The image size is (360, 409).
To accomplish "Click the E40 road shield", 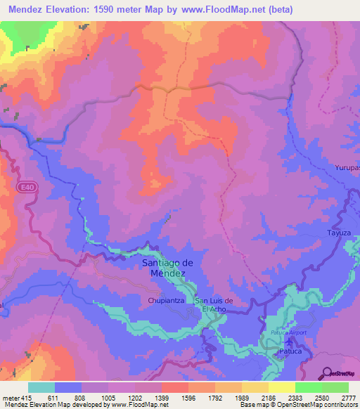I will (25, 187).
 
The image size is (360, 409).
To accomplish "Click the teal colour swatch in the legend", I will (41, 387).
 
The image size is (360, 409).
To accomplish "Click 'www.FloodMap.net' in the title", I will (220, 10).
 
